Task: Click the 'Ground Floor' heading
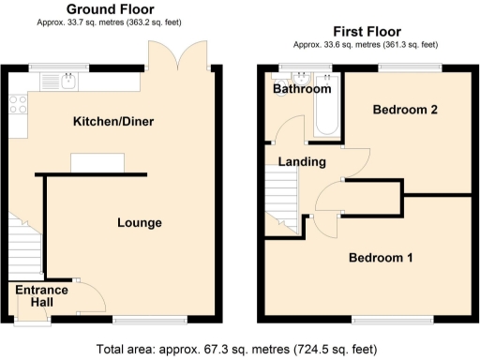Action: click(x=111, y=8)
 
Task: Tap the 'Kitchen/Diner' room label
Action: click(x=113, y=122)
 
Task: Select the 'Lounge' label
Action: click(x=140, y=223)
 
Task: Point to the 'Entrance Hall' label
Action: click(x=41, y=296)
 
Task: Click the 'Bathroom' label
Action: click(x=302, y=89)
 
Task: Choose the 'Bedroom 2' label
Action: click(x=406, y=110)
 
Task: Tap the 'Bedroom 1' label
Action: click(x=382, y=258)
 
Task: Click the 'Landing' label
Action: click(x=302, y=162)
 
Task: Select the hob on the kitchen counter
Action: click(x=16, y=103)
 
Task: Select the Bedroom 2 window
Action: click(x=410, y=67)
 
